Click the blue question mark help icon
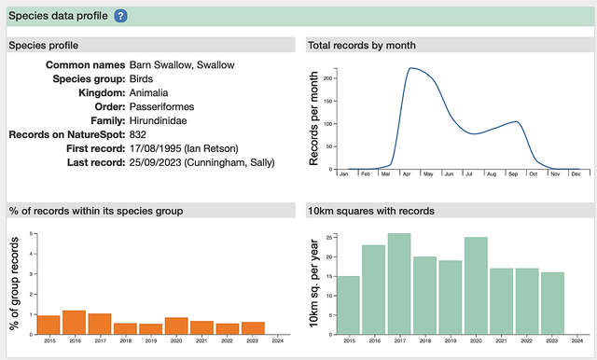coord(121,16)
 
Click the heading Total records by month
coord(363,46)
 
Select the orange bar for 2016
coord(74,322)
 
